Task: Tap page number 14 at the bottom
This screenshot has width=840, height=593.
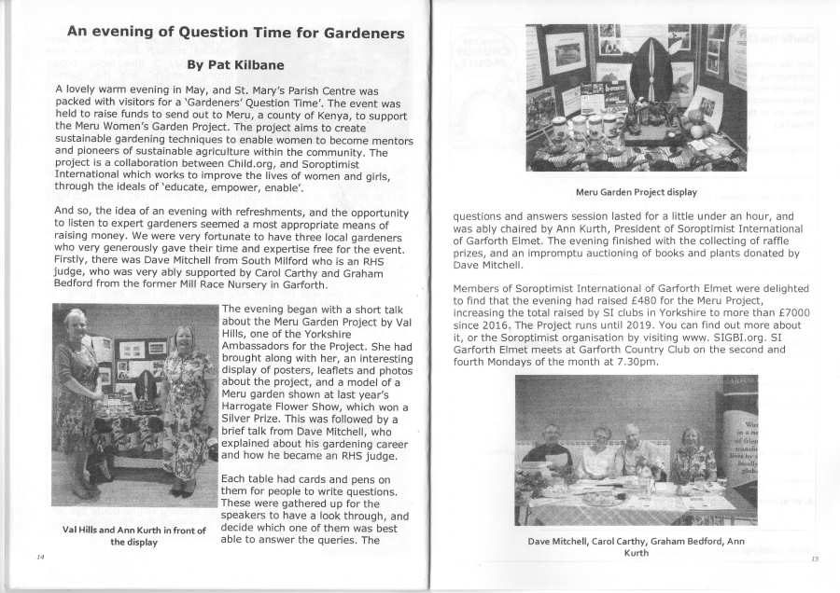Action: click(40, 557)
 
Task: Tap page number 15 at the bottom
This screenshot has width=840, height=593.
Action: click(814, 559)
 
